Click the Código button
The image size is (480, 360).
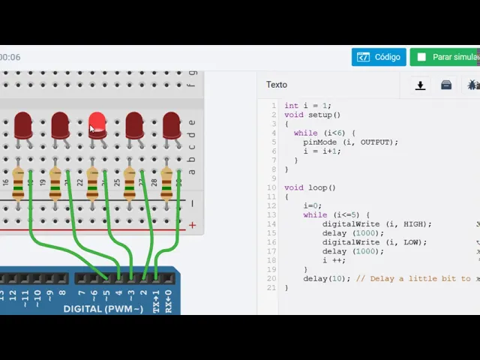point(379,57)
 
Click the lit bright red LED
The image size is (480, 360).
point(97,125)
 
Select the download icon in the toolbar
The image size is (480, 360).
point(420,85)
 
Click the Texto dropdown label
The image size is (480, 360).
point(276,85)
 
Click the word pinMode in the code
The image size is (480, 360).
point(318,142)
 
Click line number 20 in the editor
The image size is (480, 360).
point(271,279)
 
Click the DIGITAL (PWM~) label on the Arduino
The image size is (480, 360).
point(103,309)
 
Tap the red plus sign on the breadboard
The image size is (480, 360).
point(192,225)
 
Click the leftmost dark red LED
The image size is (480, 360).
point(22,125)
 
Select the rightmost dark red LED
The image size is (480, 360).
point(171,125)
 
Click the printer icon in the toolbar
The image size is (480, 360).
point(446,85)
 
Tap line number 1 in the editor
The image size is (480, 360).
point(274,106)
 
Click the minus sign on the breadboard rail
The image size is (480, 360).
point(192,204)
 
